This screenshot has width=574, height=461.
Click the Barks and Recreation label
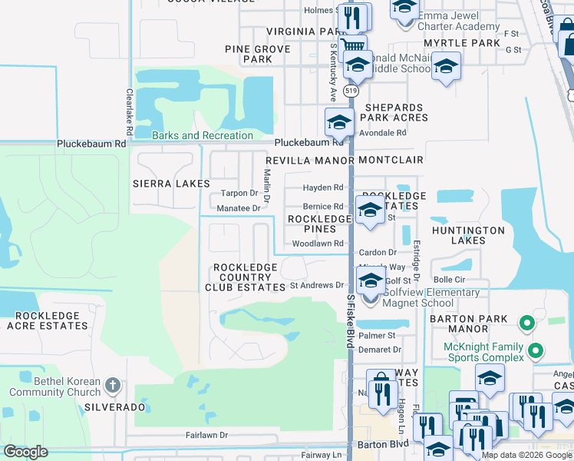point(202,136)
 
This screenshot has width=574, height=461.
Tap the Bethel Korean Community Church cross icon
point(112,384)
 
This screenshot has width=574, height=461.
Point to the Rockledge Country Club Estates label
point(246,277)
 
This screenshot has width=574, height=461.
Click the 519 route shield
point(351,91)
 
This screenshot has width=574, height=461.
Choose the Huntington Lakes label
point(468,235)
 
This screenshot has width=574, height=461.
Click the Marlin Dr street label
point(267,187)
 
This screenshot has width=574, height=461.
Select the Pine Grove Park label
point(257,54)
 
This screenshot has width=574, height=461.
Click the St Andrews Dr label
point(316,285)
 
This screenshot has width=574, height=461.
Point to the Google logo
point(25,452)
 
